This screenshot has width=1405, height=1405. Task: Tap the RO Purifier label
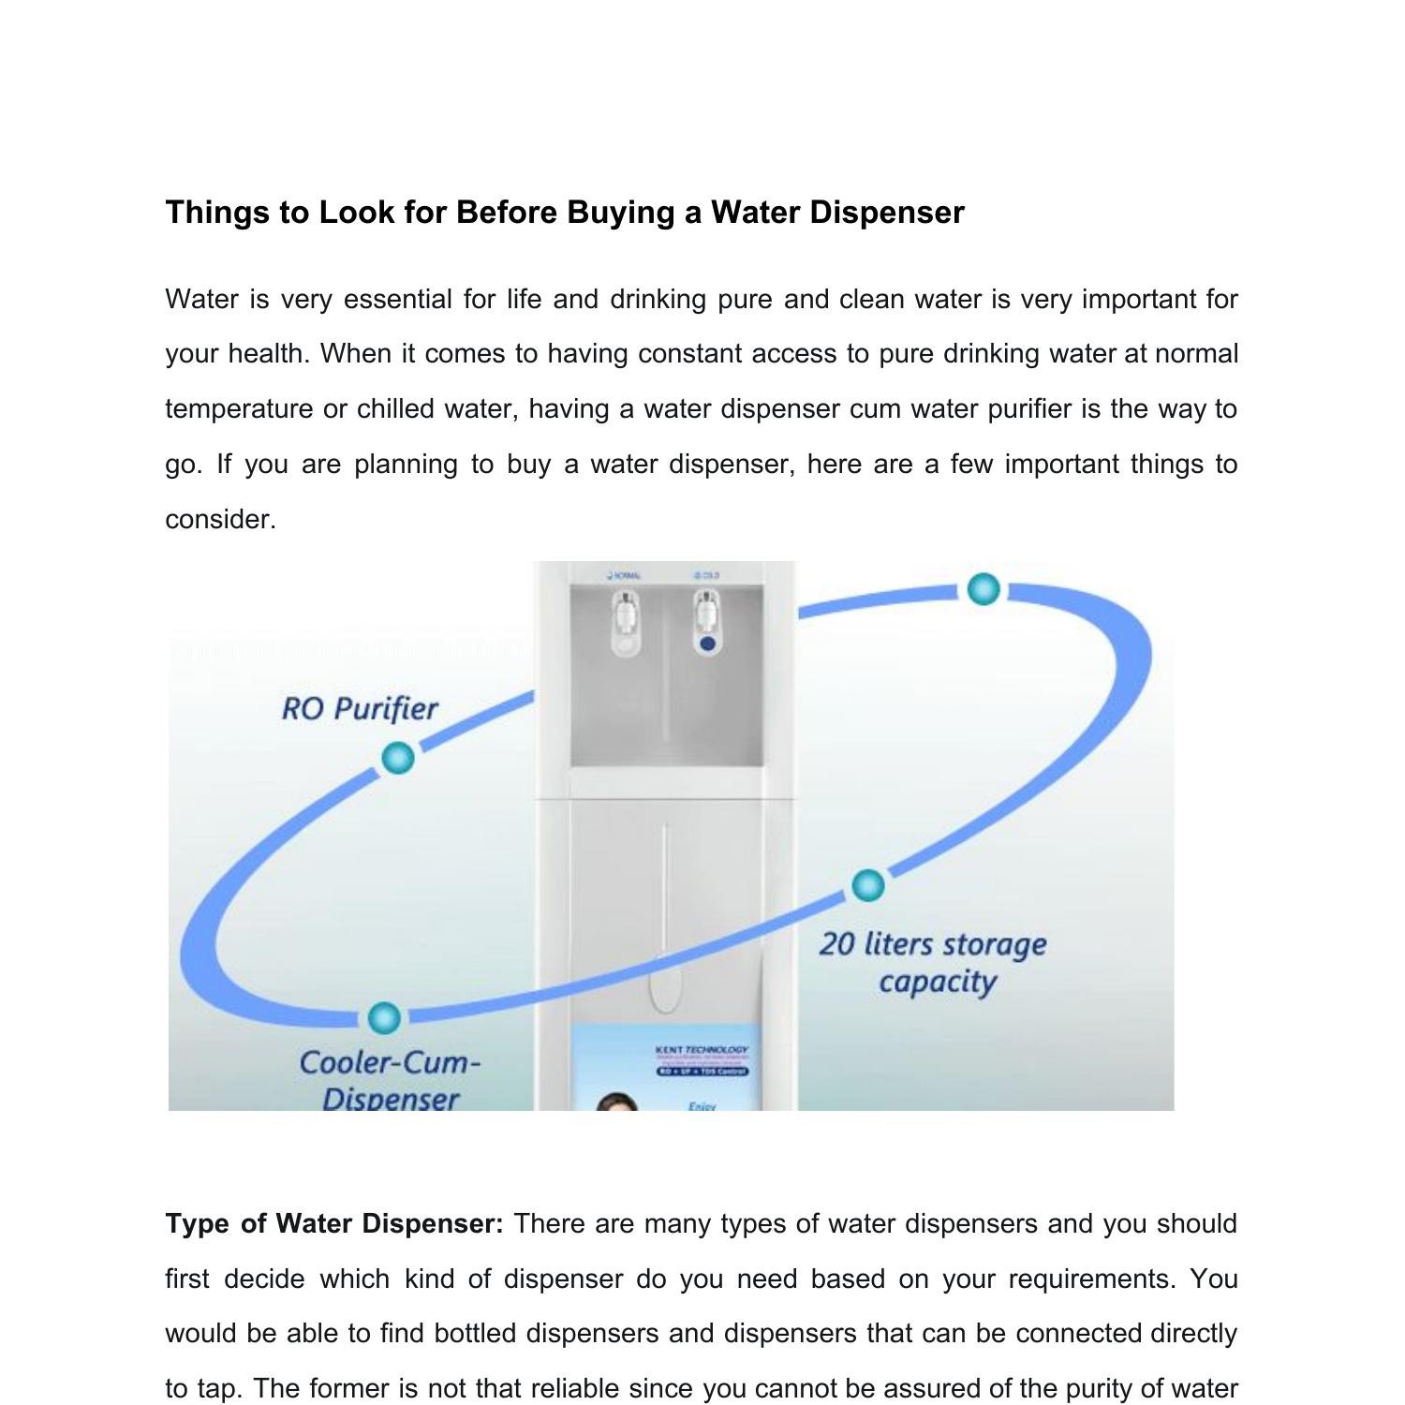[x=360, y=708]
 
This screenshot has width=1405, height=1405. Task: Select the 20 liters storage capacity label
[x=933, y=962]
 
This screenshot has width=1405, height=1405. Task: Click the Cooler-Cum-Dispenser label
[x=390, y=1080]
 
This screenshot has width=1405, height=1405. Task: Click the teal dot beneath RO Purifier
[x=398, y=758]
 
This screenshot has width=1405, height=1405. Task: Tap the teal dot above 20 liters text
[x=868, y=885]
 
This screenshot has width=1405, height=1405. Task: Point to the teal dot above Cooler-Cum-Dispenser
[x=383, y=1017]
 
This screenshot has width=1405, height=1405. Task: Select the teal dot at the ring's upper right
[x=983, y=589]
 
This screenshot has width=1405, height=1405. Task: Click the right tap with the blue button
[x=707, y=621]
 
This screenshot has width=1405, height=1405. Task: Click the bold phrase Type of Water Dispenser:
[x=334, y=1224]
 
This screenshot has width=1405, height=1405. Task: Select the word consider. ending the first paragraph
[x=220, y=519]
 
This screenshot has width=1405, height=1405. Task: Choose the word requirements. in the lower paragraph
[x=1091, y=1279]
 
